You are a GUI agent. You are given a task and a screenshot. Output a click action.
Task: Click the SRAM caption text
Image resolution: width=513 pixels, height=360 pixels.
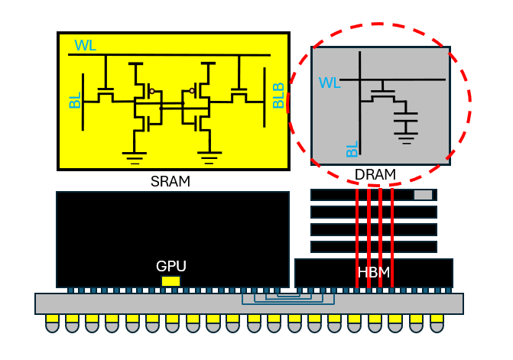(170, 181)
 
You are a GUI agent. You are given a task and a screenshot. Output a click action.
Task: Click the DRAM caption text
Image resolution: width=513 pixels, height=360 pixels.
(375, 174)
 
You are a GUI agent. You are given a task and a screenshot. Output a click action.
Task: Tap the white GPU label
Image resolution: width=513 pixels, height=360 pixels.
(171, 266)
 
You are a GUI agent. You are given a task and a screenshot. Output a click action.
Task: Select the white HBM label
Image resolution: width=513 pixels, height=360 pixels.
(374, 272)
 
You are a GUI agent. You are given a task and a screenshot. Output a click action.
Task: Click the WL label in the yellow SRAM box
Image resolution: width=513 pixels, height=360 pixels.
(86, 45)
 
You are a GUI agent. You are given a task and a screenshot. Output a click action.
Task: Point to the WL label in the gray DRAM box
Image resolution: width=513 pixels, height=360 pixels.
(330, 83)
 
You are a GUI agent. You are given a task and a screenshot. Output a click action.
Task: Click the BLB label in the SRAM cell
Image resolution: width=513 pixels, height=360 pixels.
(278, 96)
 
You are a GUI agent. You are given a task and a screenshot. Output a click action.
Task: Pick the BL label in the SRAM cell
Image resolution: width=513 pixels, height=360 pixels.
(75, 100)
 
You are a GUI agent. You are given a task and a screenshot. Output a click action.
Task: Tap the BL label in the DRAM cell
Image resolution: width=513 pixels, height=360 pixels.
(352, 149)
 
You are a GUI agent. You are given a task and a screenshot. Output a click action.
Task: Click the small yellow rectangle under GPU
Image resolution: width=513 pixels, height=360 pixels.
(170, 281)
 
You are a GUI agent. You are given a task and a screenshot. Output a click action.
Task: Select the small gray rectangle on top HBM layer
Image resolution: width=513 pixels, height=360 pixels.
(423, 195)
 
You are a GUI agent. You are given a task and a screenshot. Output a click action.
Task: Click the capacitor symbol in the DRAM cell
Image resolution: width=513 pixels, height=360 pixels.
(406, 117)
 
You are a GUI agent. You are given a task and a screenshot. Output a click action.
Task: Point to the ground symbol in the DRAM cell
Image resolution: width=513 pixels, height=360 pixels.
(406, 138)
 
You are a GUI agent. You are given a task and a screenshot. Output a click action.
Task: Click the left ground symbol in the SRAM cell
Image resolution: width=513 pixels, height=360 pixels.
(135, 158)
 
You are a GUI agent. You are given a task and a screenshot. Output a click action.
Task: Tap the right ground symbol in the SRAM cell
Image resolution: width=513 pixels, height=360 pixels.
(209, 158)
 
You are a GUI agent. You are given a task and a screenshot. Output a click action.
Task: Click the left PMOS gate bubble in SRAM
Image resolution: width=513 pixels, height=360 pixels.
(152, 91)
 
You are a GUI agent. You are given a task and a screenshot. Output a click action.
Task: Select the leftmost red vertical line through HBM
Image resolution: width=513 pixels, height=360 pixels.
(357, 238)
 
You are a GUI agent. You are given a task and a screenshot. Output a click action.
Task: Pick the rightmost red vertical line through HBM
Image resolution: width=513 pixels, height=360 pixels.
(392, 238)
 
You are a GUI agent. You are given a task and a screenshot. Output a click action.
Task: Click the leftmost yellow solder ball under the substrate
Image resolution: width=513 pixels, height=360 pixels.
(52, 324)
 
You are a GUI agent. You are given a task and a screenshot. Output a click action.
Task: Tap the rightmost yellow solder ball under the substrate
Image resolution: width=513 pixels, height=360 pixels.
(437, 324)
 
